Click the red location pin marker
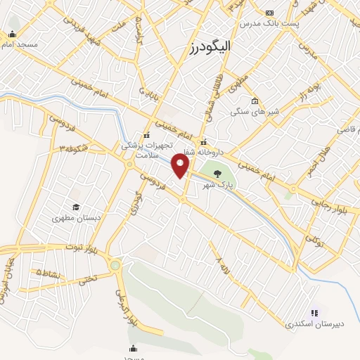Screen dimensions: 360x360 pyautogui.click(x=182, y=166)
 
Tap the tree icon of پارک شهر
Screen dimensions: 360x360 pyautogui.click(x=217, y=174)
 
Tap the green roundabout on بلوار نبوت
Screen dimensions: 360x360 pyautogui.click(x=115, y=266)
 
